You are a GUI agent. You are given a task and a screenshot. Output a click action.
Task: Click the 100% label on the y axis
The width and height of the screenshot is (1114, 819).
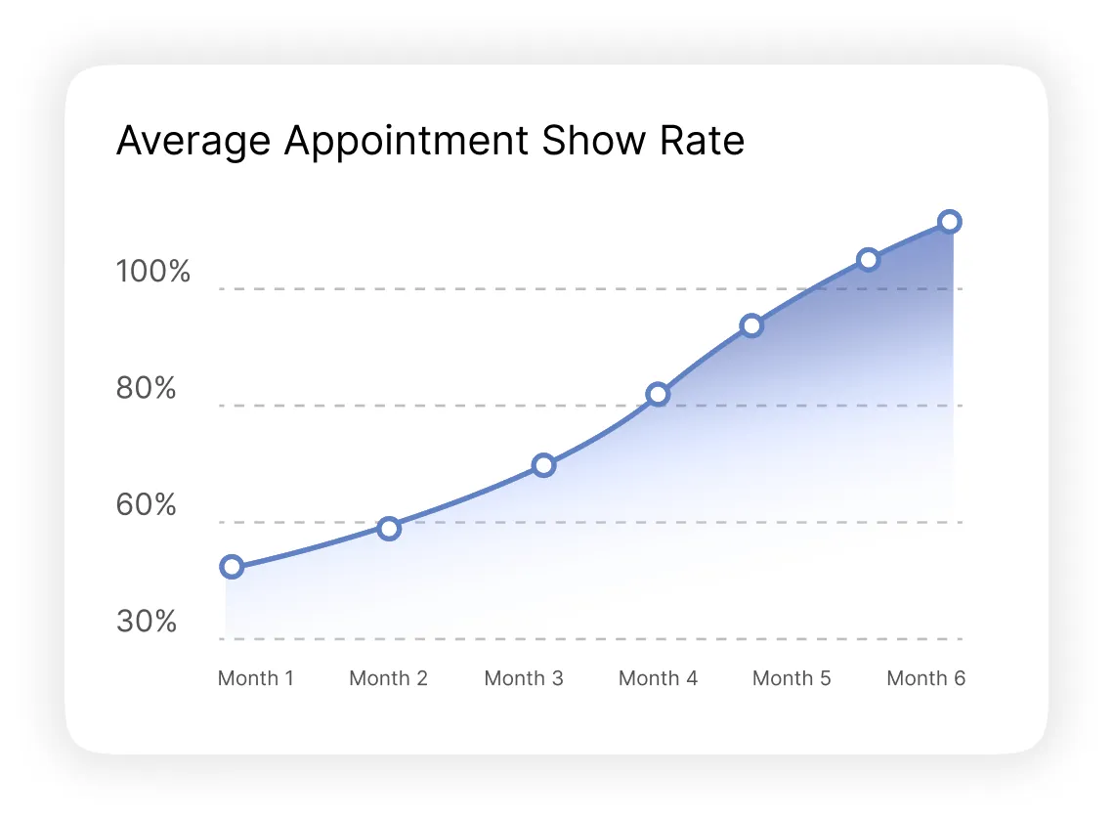(x=153, y=272)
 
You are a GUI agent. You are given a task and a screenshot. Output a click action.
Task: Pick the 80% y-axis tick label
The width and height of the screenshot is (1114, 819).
(x=147, y=389)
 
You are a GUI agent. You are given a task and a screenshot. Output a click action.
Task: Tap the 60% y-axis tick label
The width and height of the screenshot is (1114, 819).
(x=147, y=505)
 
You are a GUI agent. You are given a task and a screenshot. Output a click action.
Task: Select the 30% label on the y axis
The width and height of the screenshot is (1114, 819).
(x=147, y=622)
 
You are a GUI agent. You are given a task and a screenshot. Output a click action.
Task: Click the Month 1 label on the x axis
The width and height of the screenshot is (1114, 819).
(x=256, y=678)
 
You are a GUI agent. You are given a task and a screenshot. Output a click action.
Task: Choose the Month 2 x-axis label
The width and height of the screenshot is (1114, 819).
(x=388, y=678)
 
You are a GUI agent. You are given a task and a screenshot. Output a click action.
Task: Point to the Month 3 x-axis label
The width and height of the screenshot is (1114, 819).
(x=524, y=678)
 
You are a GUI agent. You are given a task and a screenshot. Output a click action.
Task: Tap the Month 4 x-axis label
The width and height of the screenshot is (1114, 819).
(x=659, y=678)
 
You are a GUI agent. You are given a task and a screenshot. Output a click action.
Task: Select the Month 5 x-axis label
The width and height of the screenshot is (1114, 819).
(x=792, y=678)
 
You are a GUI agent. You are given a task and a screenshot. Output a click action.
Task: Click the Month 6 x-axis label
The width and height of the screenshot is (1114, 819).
(x=925, y=678)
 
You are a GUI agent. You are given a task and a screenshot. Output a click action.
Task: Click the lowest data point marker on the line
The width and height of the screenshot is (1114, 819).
(x=232, y=567)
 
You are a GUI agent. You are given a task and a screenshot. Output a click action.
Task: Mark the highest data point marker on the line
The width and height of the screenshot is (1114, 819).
(x=949, y=222)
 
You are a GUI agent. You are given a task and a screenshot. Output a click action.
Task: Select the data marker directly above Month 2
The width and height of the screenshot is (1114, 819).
(x=389, y=529)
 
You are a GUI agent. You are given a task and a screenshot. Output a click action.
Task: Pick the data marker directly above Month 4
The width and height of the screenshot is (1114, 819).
(x=658, y=395)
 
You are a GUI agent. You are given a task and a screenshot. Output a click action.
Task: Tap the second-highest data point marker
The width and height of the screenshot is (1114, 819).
(x=868, y=260)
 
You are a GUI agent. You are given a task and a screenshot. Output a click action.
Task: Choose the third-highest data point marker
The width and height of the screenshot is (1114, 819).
(x=750, y=326)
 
